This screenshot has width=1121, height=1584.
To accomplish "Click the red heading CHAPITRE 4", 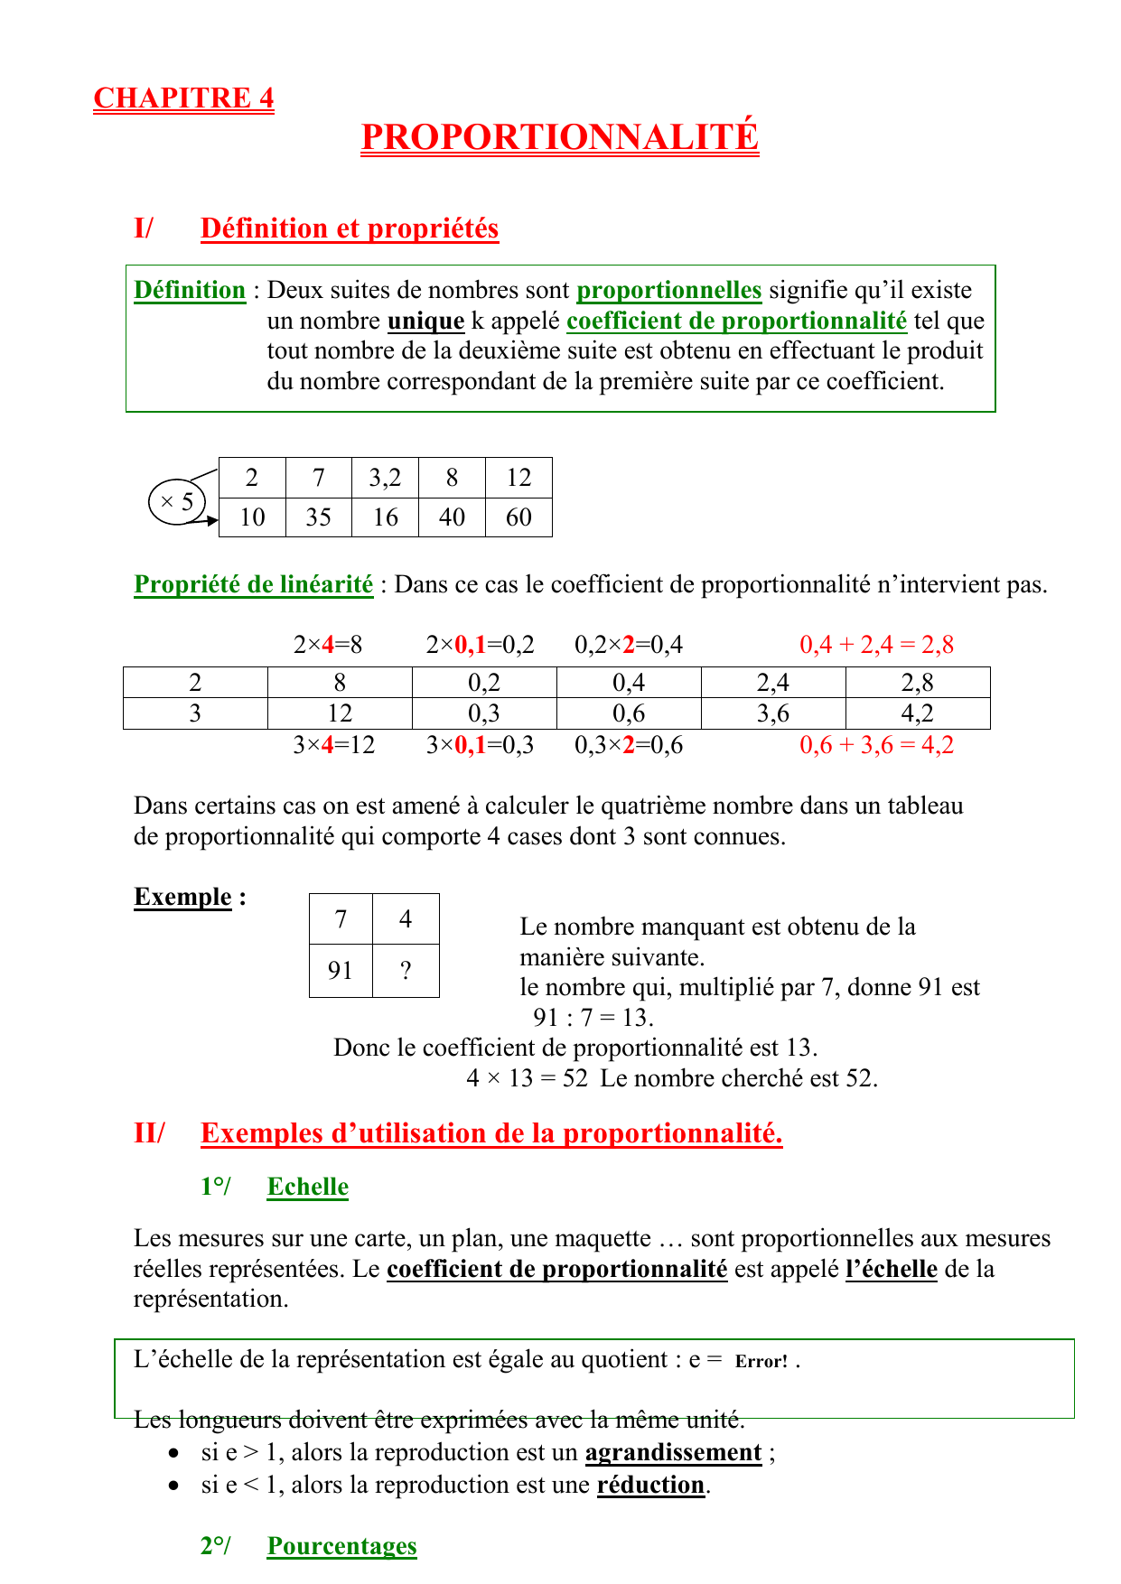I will [x=183, y=98].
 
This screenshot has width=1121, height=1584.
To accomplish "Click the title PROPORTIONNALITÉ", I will [x=559, y=137].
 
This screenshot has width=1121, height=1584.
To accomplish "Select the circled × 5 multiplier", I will [x=177, y=502].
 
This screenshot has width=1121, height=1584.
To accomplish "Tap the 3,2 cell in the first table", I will [x=385, y=478].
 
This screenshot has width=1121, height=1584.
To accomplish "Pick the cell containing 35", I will [x=318, y=517].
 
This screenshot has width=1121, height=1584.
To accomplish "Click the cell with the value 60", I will [x=518, y=517].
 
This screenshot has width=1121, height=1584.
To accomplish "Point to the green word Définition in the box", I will [x=190, y=291].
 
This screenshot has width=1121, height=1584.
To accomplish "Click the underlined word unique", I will [x=425, y=321].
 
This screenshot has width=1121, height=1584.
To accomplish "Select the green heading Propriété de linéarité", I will [x=253, y=585].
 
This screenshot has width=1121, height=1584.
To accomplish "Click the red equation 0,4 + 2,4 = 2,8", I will [x=876, y=645].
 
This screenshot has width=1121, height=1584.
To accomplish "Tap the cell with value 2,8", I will [x=917, y=683].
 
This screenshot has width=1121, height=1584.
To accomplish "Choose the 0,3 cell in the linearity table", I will [x=484, y=713].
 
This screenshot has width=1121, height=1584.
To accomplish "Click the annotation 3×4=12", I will [x=333, y=745].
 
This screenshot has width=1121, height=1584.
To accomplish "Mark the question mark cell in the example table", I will [x=406, y=971].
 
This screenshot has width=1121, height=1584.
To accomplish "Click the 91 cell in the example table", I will [x=341, y=971].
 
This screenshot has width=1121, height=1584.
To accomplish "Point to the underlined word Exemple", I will [x=182, y=897].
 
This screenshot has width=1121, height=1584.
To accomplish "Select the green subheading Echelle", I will [x=307, y=1187].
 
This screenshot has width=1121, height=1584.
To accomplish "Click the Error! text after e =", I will [x=761, y=1362].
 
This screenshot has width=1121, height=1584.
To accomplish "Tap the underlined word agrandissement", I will [x=673, y=1452].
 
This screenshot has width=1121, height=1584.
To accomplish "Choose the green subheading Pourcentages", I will [x=341, y=1546].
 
